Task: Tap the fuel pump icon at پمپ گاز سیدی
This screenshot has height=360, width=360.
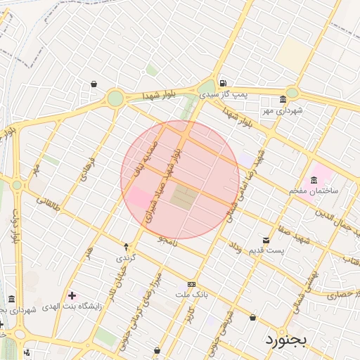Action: tap(223, 80)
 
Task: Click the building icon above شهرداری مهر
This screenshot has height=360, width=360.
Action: tap(283, 99)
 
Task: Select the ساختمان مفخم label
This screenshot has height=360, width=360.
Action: tap(314, 191)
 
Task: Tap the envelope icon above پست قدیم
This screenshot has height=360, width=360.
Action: tap(265, 240)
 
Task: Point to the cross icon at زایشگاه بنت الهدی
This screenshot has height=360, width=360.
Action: tap(72, 295)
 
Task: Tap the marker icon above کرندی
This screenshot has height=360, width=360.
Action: tap(127, 247)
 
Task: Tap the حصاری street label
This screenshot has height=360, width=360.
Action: tap(342, 295)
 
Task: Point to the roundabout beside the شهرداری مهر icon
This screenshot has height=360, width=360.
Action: tap(292, 92)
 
